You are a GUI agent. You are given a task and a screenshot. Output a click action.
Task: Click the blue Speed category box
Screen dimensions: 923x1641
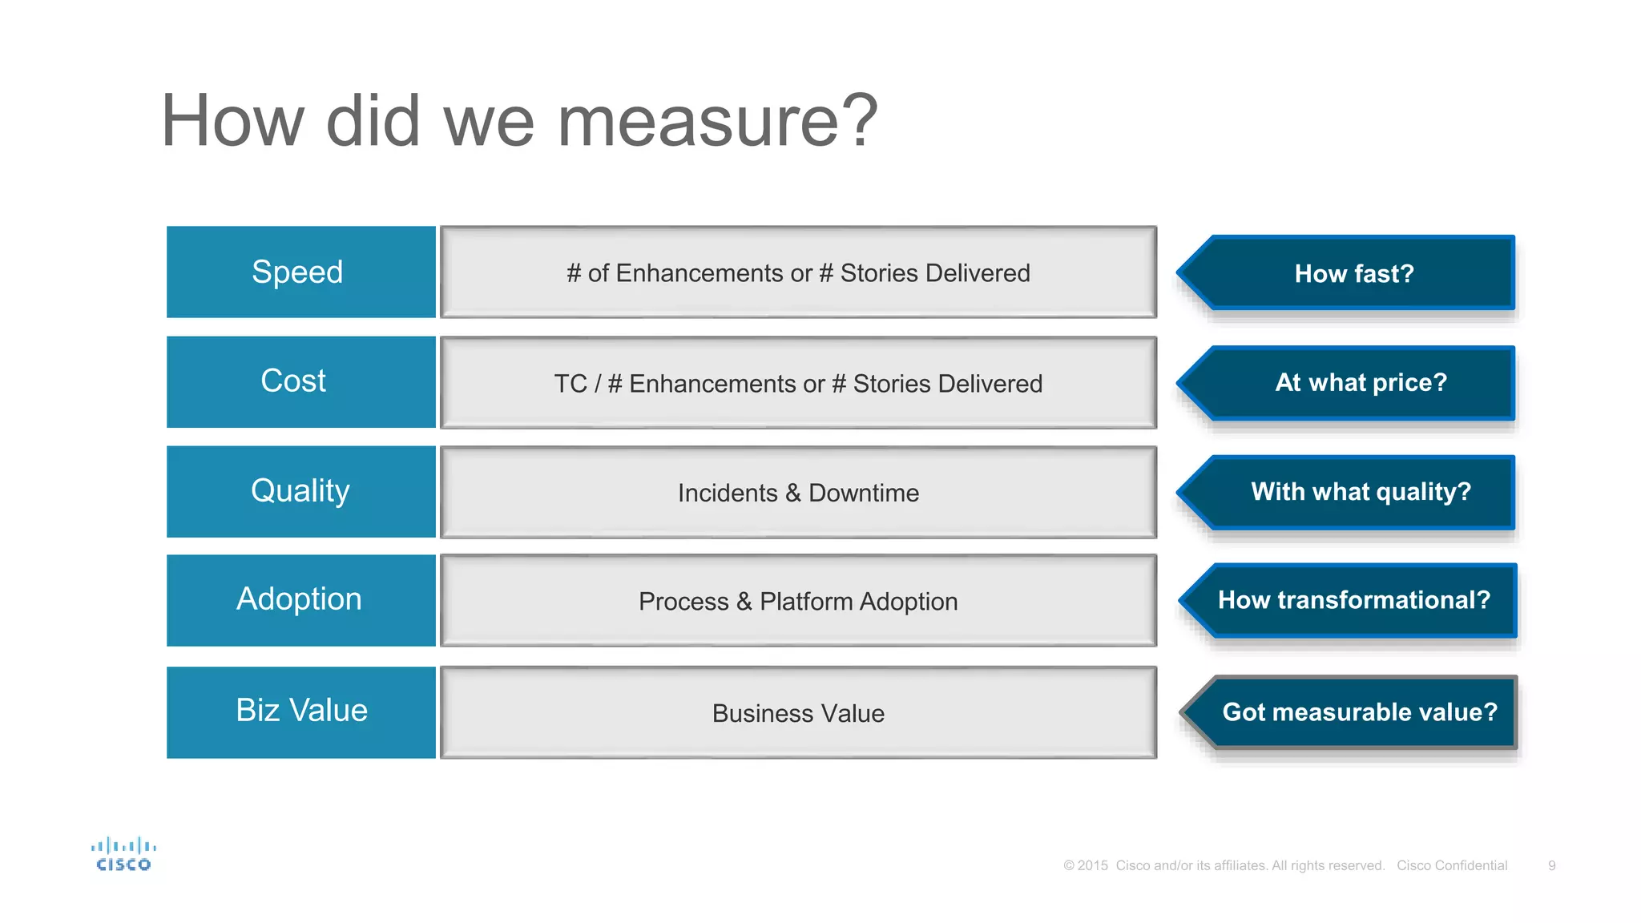[x=300, y=272]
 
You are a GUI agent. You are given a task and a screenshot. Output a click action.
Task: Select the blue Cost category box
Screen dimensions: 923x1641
[x=300, y=381]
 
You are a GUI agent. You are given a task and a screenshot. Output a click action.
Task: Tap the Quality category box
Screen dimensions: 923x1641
[x=300, y=491]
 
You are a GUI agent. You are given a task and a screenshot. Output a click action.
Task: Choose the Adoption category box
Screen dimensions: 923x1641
[x=300, y=600]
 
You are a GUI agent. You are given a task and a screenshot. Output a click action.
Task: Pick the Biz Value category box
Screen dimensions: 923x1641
[x=300, y=711]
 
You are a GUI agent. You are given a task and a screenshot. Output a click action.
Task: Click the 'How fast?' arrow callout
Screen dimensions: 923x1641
[x=1353, y=273]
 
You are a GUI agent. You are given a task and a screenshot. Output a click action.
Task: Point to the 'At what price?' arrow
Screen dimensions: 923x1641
[x=1360, y=382]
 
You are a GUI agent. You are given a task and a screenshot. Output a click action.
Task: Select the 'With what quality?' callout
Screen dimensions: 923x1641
[x=1360, y=491]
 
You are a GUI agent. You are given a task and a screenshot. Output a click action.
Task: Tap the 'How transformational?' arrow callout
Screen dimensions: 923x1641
[x=1353, y=600]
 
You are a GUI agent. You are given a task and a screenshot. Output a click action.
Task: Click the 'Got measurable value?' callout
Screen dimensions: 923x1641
[x=1359, y=711]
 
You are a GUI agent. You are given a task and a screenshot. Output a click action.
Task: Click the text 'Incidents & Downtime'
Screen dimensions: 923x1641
[x=798, y=493]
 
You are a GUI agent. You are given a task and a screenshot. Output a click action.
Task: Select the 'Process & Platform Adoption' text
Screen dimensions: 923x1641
[x=798, y=601]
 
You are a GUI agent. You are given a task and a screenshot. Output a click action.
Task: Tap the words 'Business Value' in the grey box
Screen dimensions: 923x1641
[x=798, y=713]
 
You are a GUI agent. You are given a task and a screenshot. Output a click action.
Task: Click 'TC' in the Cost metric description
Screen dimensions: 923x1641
[x=571, y=384]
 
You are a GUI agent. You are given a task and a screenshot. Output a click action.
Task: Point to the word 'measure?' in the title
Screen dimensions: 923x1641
[x=717, y=121]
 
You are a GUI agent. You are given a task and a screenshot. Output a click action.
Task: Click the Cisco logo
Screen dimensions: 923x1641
[x=123, y=854]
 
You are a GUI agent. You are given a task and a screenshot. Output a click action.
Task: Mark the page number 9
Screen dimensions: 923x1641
[x=1552, y=865]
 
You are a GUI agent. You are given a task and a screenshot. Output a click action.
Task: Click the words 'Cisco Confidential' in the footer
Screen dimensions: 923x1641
[x=1452, y=865]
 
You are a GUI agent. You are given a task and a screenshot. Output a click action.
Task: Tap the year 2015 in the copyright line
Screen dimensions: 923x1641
[x=1093, y=865]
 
